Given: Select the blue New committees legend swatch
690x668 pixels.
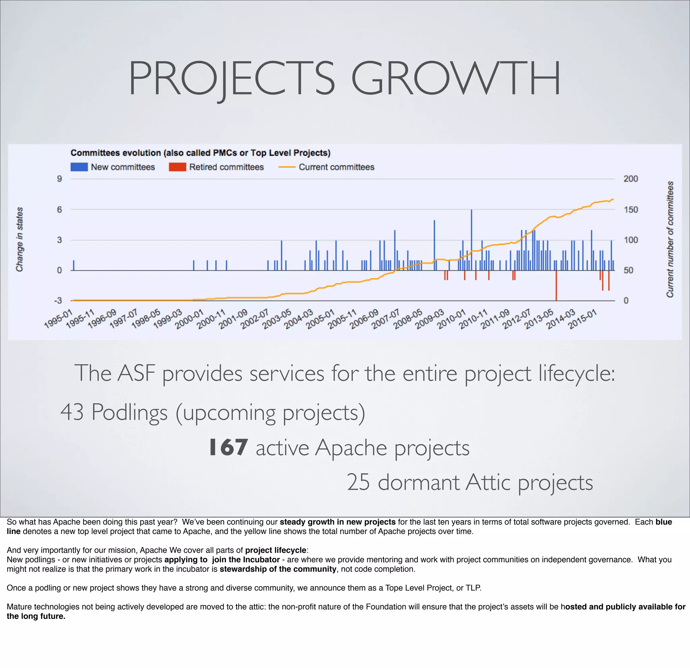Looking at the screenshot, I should tap(79, 167).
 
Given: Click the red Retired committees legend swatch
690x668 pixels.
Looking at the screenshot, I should tap(177, 167).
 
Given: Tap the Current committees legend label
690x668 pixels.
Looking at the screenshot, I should tap(336, 167).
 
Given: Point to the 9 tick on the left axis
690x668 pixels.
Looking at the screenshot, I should tap(60, 179).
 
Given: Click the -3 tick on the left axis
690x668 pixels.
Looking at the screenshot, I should tap(58, 300).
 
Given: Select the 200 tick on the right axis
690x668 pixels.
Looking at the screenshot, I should tap(630, 179).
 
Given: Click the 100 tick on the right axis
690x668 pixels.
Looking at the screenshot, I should tap(630, 240).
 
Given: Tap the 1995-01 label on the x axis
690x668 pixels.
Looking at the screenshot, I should tap(58, 319).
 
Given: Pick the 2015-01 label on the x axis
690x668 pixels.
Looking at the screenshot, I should tap(583, 319).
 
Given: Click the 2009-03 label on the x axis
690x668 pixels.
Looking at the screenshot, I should tap(430, 319).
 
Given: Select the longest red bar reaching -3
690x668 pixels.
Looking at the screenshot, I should tap(556, 286).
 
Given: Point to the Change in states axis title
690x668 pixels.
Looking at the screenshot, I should tap(19, 239).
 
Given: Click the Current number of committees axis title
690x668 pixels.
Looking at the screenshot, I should tap(670, 239).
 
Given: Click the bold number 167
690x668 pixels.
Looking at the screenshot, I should tap(228, 447).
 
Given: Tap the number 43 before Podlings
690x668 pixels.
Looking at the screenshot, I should tap(72, 412).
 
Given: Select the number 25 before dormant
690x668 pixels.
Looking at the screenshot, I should tap(358, 482).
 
